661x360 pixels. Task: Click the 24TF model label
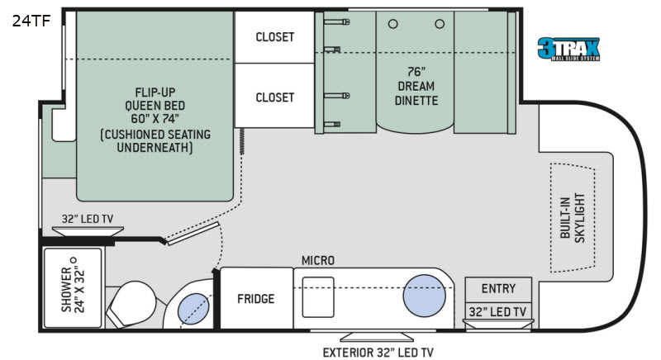(31, 22)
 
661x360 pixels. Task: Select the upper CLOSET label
(274, 37)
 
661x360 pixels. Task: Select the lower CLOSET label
(274, 97)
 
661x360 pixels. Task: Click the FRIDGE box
(255, 299)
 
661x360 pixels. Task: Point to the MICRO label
(318, 261)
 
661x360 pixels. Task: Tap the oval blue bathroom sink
(195, 310)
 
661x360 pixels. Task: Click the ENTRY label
(498, 289)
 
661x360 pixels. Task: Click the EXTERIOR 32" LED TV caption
(378, 352)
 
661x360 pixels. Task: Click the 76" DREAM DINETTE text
(416, 86)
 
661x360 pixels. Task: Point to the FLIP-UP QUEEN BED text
(155, 119)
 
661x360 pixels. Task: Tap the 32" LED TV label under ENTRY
(498, 311)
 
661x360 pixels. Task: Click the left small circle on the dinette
(393, 24)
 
